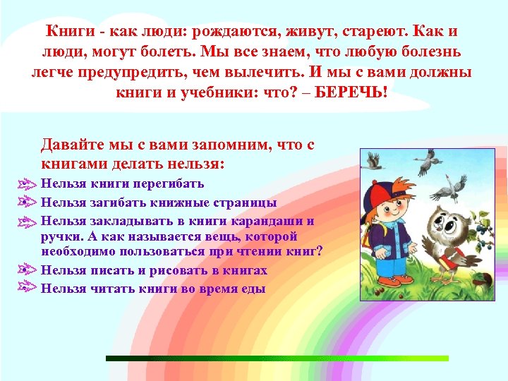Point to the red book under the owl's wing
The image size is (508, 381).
[445, 265]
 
